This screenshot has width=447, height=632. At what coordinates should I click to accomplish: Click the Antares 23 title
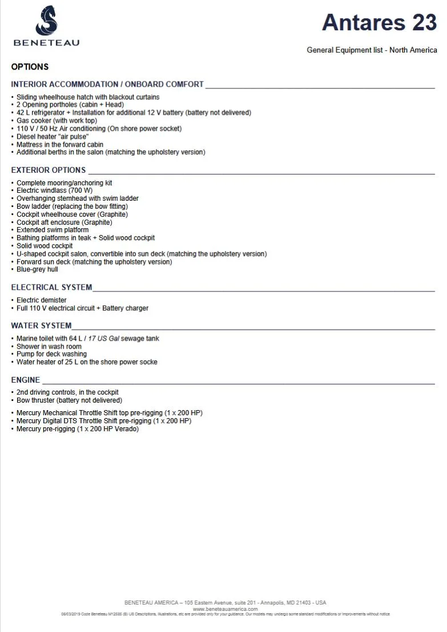coord(379,22)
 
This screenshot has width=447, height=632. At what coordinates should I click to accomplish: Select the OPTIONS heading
coord(30,67)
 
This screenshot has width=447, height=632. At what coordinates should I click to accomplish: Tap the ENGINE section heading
coord(26,380)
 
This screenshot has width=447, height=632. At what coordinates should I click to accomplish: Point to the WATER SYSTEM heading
coord(41,326)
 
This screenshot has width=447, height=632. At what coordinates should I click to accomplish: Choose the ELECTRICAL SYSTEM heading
coord(51,287)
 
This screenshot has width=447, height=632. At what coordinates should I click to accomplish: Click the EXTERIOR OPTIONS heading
coord(49,170)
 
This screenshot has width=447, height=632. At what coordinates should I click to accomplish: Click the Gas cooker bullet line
coord(57,121)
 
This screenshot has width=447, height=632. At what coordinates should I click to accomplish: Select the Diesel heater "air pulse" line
coord(53,137)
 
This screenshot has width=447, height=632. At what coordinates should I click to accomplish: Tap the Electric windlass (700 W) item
coord(54,191)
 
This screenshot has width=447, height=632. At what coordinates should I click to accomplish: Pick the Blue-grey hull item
coord(37,270)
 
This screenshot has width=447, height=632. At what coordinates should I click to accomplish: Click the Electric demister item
coord(41,300)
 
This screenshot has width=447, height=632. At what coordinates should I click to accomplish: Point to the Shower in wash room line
coord(49,346)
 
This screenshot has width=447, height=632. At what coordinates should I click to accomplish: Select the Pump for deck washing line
coord(51,354)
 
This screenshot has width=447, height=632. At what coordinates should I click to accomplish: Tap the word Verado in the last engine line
coord(126,429)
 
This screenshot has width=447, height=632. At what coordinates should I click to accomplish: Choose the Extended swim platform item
coord(53,230)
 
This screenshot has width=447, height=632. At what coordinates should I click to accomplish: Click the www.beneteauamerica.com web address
coord(225,609)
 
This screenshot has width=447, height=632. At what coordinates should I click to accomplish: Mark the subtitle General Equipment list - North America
coord(372,50)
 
